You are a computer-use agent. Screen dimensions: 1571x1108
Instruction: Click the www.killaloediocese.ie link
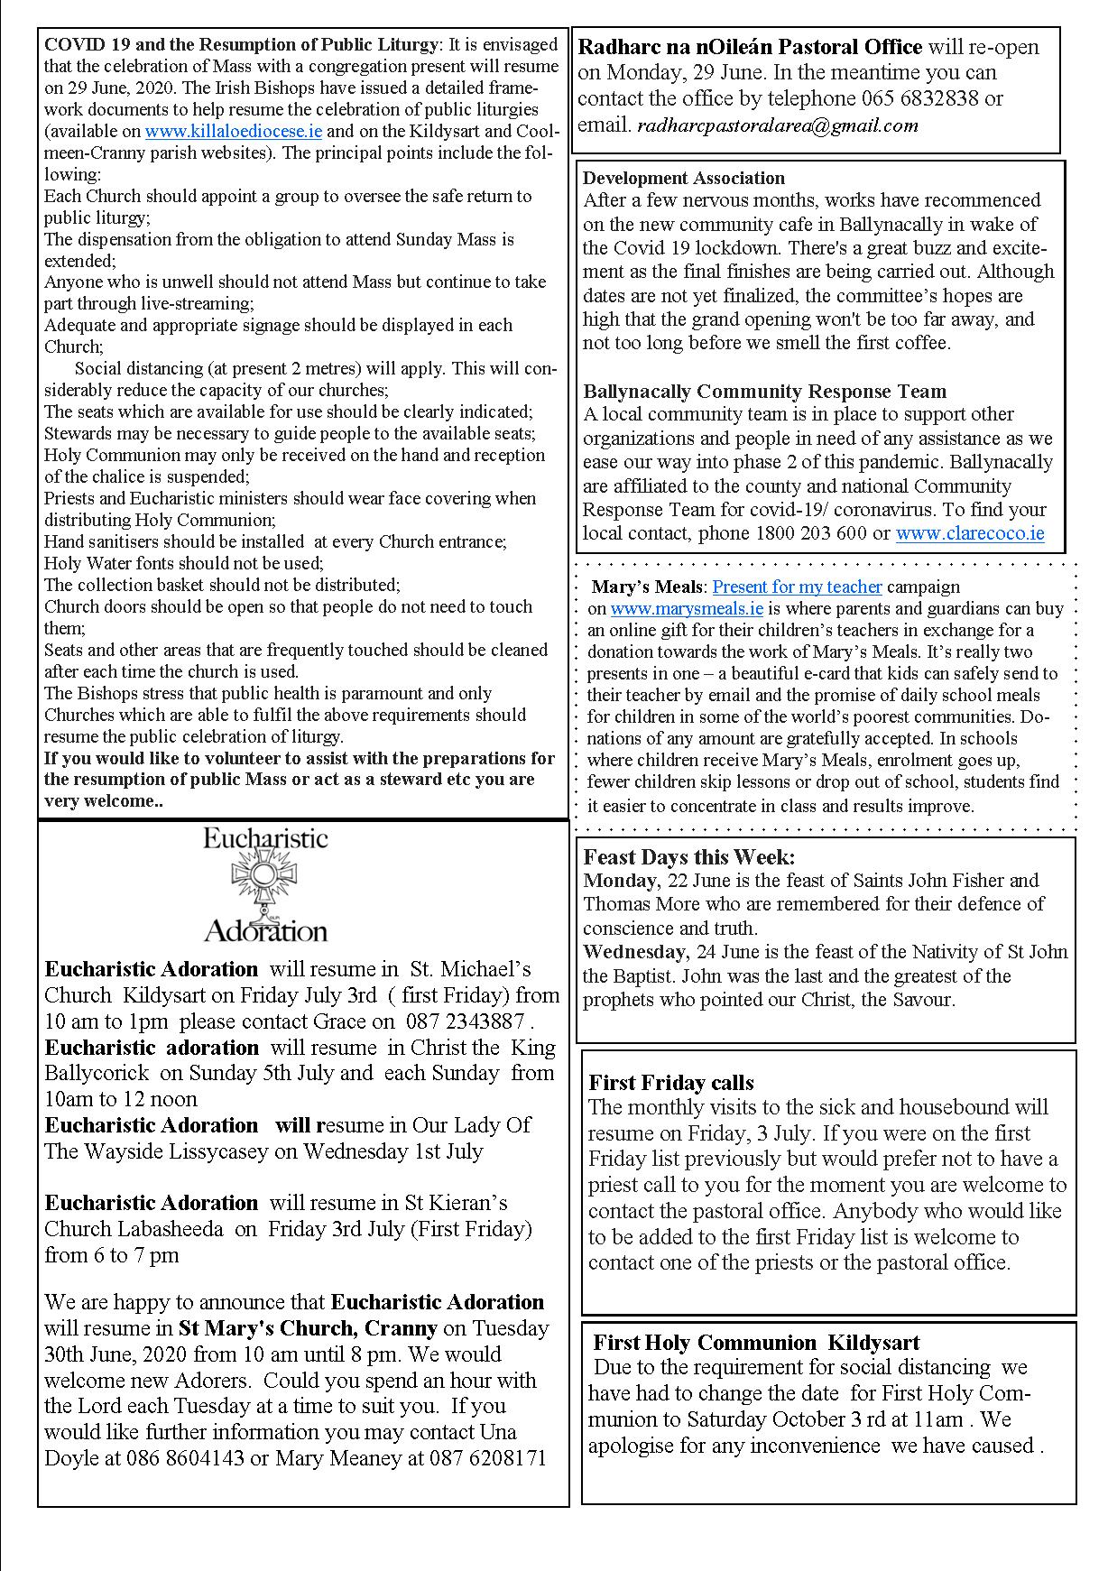[x=233, y=131]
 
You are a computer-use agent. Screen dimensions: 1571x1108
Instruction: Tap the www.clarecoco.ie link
[x=970, y=533]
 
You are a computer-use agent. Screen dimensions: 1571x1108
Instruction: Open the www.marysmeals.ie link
[x=687, y=609]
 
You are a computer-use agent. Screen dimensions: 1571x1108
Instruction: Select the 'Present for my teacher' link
[x=797, y=587]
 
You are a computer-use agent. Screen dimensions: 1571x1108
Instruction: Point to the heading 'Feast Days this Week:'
[x=689, y=856]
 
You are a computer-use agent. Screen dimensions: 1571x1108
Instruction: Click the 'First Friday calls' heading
[x=671, y=1083]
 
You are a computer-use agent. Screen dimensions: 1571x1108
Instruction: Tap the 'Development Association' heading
[x=684, y=178]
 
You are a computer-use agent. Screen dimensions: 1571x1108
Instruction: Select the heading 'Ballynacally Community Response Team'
[x=765, y=391]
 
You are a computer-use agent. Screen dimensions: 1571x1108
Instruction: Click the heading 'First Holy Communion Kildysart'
[x=757, y=1342]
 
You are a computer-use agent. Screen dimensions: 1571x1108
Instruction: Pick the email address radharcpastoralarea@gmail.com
[x=778, y=125]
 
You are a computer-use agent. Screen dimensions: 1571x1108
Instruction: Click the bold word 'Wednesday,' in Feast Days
[x=636, y=952]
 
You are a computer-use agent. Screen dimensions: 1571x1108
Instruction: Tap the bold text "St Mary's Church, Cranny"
[x=308, y=1328]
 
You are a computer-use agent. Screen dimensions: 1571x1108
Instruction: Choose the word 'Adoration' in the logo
[x=265, y=929]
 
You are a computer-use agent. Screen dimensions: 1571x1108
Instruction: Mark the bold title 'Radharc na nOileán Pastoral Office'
[x=750, y=47]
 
